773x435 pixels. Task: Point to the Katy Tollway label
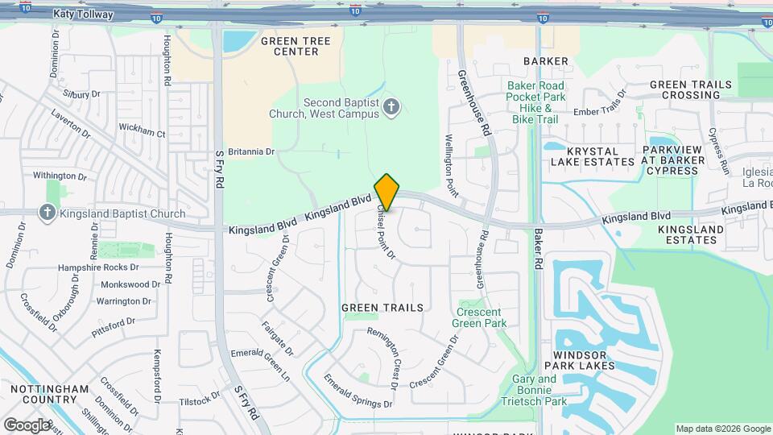(x=83, y=14)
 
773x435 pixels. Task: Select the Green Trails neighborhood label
(x=382, y=308)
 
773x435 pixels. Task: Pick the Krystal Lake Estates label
(x=593, y=156)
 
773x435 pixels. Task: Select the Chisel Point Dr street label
(x=386, y=231)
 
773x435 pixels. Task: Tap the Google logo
(x=27, y=425)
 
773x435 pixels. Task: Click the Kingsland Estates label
(x=691, y=234)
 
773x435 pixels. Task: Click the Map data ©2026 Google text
(x=722, y=429)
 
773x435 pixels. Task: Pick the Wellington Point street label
(x=450, y=166)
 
